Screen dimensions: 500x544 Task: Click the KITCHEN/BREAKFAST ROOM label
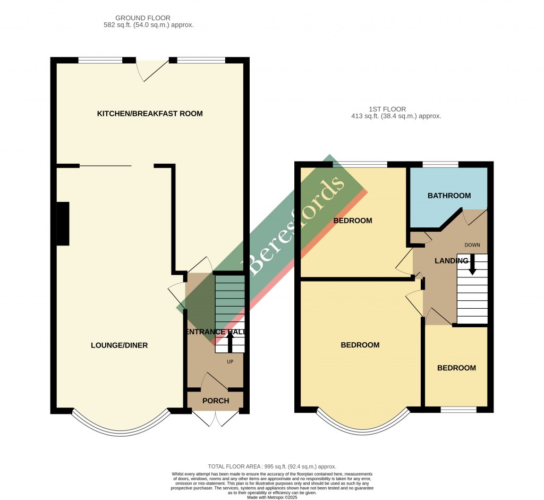tap(149, 114)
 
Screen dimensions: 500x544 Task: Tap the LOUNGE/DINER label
tap(119, 345)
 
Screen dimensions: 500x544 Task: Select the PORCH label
tap(216, 401)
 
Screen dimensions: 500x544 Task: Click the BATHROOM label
tap(449, 196)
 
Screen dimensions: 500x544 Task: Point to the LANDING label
tap(451, 261)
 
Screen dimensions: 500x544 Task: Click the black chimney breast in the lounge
tap(63, 224)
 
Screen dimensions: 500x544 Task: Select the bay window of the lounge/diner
tap(121, 426)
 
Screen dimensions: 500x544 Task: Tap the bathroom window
tap(440, 164)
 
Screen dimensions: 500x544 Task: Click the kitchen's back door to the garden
tap(152, 69)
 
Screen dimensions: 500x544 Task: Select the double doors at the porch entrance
tap(216, 418)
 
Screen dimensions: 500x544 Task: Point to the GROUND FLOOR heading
tap(143, 18)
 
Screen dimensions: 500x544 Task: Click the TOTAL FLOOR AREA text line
tap(271, 466)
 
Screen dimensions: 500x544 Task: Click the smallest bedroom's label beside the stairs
tap(456, 368)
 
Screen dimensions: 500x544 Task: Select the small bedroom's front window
tap(458, 410)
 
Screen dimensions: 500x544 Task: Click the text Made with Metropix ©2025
tap(271, 497)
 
